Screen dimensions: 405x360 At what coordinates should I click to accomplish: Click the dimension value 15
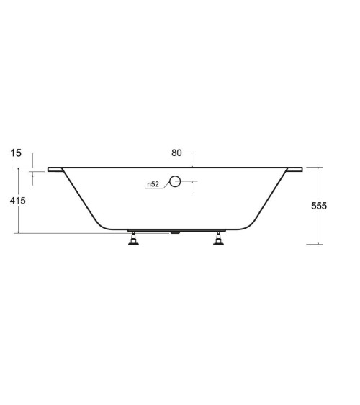pyautogui.click(x=17, y=153)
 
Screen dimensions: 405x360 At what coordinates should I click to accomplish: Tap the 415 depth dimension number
pyautogui.click(x=19, y=201)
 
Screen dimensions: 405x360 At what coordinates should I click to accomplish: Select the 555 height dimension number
pyautogui.click(x=319, y=206)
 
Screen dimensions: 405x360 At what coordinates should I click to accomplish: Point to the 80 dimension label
pyautogui.click(x=177, y=153)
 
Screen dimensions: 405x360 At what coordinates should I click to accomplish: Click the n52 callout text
pyautogui.click(x=153, y=185)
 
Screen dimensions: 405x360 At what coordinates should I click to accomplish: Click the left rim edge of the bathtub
pyautogui.click(x=55, y=170)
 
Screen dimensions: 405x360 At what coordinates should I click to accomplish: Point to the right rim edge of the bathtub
pyautogui.click(x=295, y=170)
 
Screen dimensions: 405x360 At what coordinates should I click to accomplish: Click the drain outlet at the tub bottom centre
pyautogui.click(x=175, y=232)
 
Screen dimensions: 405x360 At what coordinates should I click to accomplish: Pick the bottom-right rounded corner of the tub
pyautogui.click(x=250, y=223)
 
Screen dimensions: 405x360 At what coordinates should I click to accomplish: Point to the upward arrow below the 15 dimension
pyautogui.click(x=32, y=174)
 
